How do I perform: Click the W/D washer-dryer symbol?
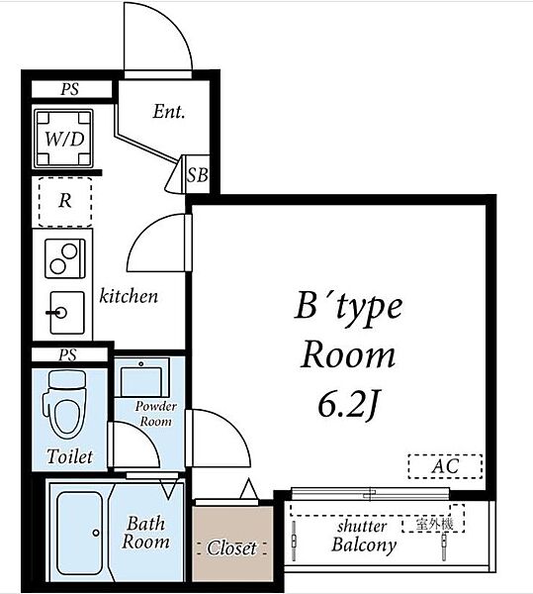63,139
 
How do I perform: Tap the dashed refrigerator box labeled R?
65,202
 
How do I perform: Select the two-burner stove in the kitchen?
65,258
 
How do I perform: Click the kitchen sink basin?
67,313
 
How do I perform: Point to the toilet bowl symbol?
64,405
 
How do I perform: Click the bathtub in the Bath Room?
79,533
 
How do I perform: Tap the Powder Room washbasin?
141,377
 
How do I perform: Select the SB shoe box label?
198,175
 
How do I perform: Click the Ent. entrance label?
169,112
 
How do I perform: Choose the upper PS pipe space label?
70,89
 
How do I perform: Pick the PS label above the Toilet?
68,355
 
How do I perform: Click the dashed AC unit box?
445,466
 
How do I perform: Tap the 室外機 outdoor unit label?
434,525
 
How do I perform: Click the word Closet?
231,548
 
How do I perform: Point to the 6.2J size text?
348,405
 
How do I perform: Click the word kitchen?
129,296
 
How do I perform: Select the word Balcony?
364,544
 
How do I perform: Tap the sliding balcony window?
371,494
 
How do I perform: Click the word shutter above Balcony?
362,527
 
